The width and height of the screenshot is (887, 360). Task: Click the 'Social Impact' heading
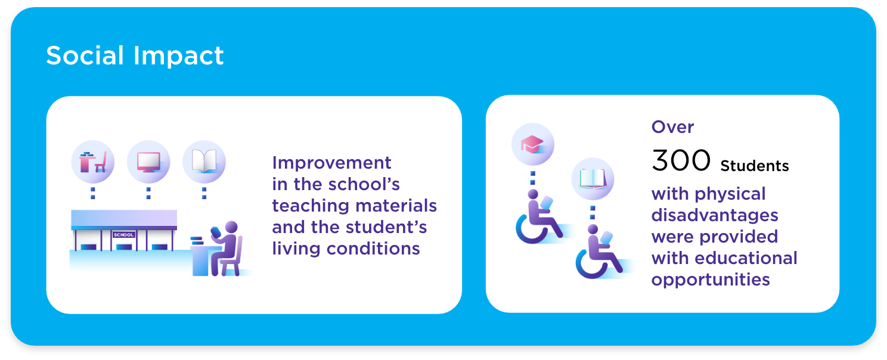[135, 55]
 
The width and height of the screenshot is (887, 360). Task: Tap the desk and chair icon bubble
[92, 162]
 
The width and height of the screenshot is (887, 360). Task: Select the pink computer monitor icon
[148, 162]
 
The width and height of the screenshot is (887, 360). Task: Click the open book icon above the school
[204, 161]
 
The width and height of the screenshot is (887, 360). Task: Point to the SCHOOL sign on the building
[124, 235]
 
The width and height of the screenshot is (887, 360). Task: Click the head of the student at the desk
[231, 227]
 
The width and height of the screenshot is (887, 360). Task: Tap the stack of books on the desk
[197, 240]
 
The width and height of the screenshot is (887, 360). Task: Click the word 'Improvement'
[331, 163]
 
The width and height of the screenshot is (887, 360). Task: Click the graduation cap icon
[532, 144]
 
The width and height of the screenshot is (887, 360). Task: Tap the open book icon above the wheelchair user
[593, 179]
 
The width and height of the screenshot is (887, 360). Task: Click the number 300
[681, 160]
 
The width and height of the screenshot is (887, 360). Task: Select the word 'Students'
[754, 166]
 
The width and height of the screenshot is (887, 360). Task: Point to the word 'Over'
[672, 127]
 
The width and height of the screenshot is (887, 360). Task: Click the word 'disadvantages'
[715, 215]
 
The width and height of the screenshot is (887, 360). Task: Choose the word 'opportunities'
[711, 280]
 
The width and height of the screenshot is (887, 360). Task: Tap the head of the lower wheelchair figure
[593, 229]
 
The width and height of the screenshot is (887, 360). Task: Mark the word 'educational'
[746, 258]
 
